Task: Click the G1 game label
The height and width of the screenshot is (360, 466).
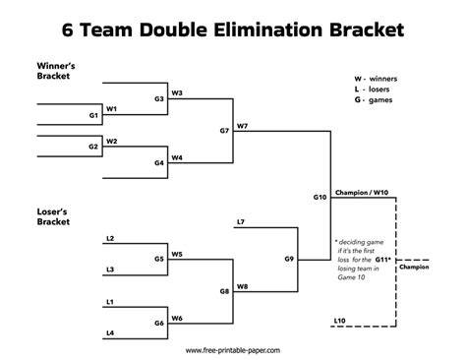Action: point(93,115)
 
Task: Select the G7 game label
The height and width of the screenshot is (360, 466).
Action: point(224,131)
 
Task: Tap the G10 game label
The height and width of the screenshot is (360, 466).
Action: point(320,197)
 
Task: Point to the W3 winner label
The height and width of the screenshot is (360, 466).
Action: point(177,93)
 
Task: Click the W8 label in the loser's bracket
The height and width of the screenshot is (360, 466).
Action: point(242,286)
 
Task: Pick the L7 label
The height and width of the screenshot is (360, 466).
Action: point(241,222)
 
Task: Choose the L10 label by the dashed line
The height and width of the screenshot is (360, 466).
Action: point(340,321)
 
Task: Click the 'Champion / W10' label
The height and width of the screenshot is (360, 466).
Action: point(362,193)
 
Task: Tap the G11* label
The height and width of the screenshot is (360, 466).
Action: point(383,260)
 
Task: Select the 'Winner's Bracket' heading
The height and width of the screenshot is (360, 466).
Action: point(56,71)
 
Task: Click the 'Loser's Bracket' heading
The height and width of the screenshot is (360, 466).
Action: point(53,216)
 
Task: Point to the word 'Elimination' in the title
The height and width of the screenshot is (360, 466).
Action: point(268,30)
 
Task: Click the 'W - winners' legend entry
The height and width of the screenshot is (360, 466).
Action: point(376,79)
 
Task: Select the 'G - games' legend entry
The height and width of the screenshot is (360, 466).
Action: point(374,99)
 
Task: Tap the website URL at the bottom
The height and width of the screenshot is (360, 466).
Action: point(233,350)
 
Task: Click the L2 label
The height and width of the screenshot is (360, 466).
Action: point(110,238)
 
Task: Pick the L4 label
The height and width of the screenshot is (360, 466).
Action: point(110,333)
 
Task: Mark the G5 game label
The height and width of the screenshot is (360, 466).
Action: point(159,259)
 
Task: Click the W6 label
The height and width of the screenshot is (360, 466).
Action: point(177,319)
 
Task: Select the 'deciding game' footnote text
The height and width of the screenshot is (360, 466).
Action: point(360,242)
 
